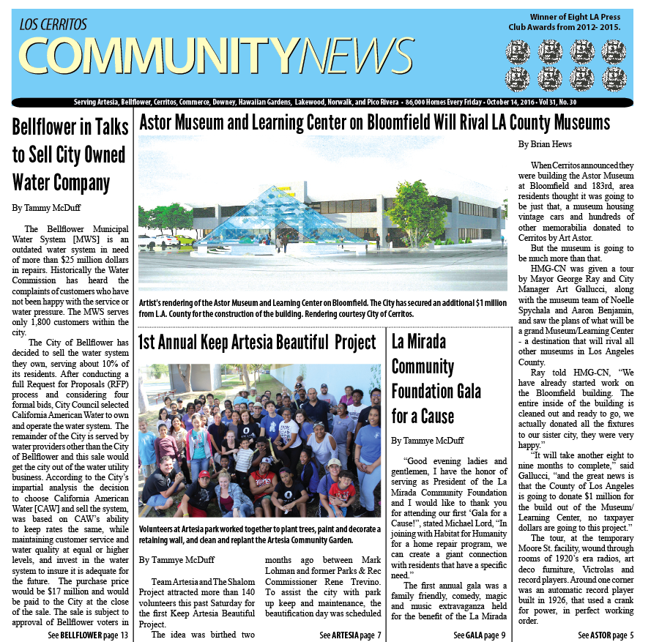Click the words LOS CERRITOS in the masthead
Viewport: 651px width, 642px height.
[x=53, y=25]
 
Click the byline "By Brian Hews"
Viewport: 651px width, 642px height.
[x=545, y=144]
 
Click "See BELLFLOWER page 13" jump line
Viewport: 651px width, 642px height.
[x=88, y=635]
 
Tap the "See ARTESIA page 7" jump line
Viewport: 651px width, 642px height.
[x=350, y=635]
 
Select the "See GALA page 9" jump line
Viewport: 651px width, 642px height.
[x=479, y=635]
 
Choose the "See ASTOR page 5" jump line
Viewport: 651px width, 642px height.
[x=606, y=635]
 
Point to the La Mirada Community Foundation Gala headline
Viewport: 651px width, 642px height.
[x=436, y=378]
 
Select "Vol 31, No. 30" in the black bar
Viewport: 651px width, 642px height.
[x=557, y=102]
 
